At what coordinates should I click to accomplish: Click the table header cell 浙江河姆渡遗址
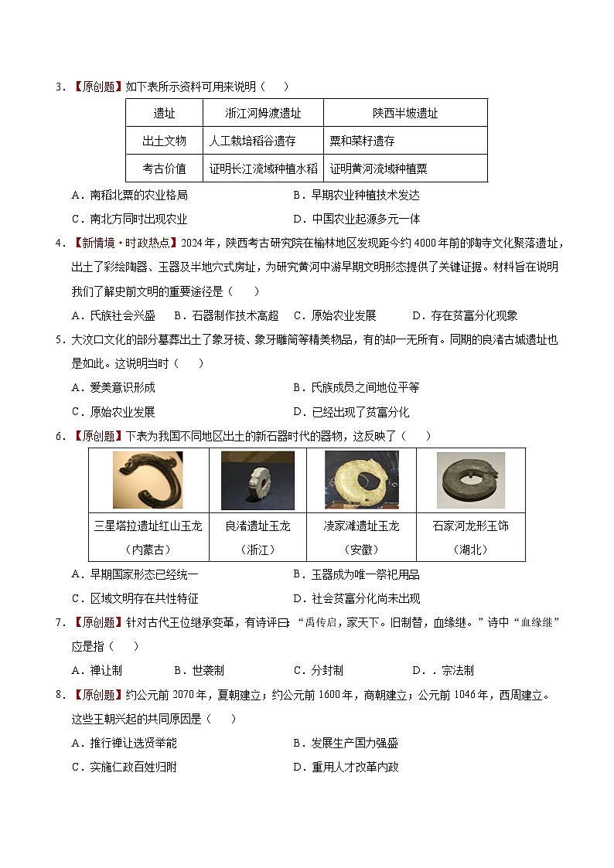pos(263,113)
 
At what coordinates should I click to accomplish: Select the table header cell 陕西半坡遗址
pos(405,113)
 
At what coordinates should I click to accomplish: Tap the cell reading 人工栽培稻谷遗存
pos(253,141)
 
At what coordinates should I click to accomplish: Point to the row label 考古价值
pos(164,168)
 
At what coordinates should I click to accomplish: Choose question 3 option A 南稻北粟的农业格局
pos(129,196)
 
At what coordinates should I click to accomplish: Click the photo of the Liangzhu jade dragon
pos(258,480)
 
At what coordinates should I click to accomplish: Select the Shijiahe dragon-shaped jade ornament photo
pos(470,480)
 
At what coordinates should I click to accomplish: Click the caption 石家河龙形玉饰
pos(470,526)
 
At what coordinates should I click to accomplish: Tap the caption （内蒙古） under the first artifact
pos(148,550)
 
